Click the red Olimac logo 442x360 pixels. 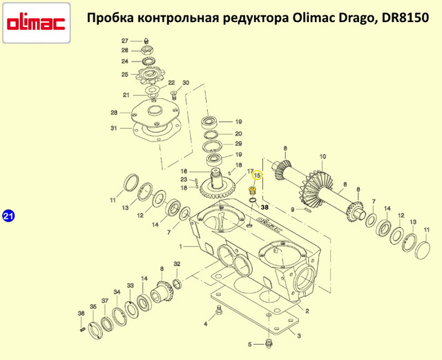pos(37,23)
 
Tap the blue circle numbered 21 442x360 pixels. pos(8,216)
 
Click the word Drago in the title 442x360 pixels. pos(357,18)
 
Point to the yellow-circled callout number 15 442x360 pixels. pos(257,176)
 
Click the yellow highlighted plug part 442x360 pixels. pos(251,191)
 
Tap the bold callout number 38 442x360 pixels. pos(265,207)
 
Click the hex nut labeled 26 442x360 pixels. pos(147,50)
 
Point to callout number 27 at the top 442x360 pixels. pos(125,41)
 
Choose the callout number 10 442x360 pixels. pos(323,156)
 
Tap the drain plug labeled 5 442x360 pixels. pos(269,344)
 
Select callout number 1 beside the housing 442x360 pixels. pos(181,247)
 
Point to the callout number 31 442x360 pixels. pos(113,129)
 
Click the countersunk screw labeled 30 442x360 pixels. pos(174,95)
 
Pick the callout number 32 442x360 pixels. pos(177,264)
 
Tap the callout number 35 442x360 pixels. pos(93,307)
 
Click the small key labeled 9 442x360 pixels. pos(307,209)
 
